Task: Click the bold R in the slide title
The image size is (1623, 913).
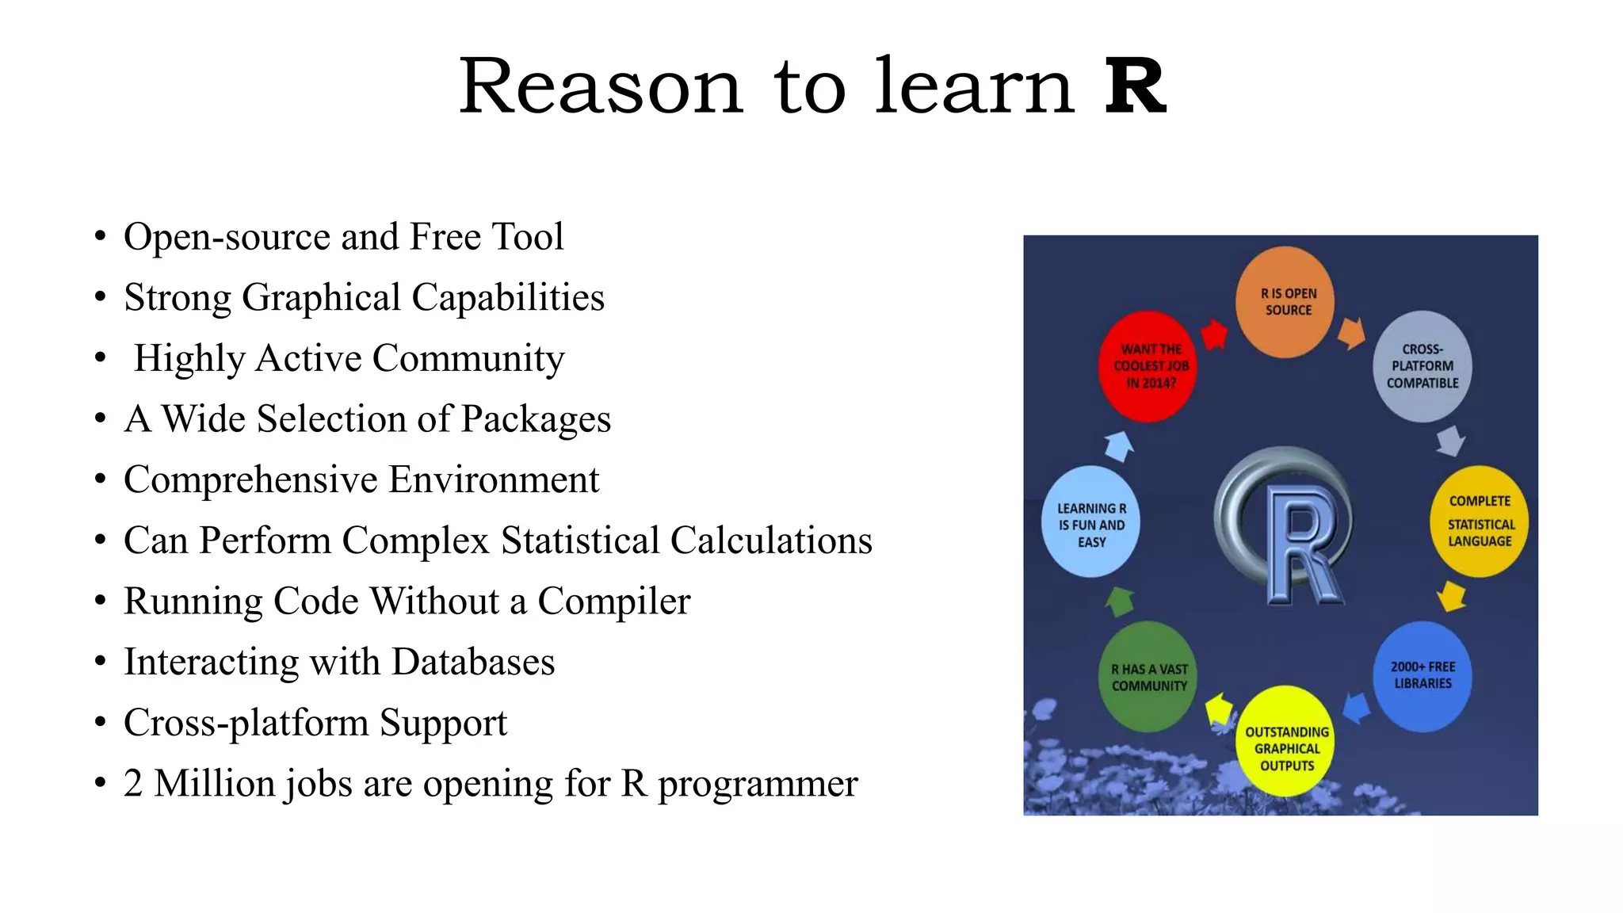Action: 1135,87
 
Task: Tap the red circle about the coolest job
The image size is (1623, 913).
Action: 1149,366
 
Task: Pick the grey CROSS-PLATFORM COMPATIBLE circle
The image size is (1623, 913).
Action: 1423,366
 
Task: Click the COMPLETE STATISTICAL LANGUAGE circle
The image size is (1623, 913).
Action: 1479,521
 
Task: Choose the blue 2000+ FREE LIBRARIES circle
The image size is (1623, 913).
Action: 1423,676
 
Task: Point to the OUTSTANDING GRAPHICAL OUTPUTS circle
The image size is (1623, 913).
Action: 1285,742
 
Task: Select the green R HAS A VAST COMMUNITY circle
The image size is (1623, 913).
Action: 1148,677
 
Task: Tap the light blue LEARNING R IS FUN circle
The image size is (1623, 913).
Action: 1091,522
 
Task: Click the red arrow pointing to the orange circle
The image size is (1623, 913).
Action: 1213,334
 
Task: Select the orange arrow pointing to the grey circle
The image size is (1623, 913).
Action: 1352,333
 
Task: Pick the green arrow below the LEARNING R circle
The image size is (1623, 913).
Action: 1120,602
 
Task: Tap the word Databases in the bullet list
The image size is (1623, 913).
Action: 473,663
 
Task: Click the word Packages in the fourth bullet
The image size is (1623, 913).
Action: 536,419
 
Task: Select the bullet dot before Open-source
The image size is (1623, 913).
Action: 100,237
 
